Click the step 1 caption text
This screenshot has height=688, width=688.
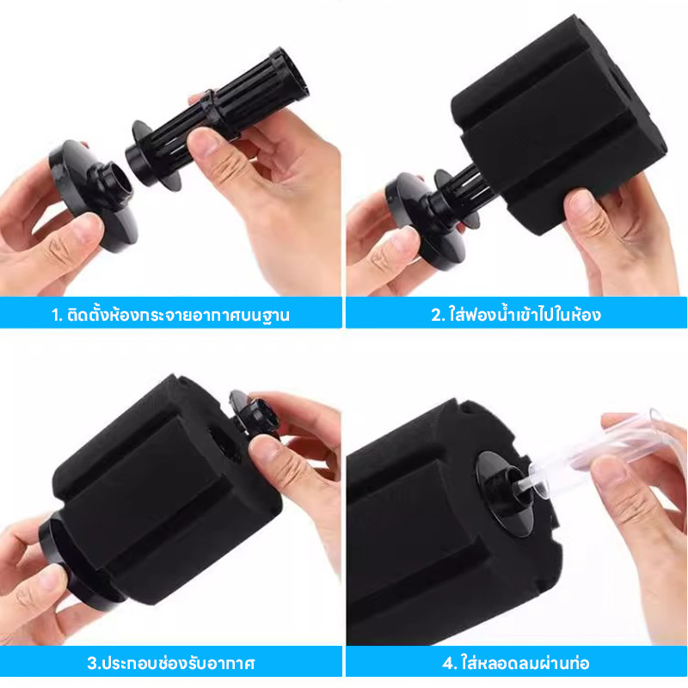point(170,315)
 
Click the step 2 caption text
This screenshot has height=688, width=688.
point(516,314)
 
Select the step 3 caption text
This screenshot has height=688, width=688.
point(170,662)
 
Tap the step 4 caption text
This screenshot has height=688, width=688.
point(515,662)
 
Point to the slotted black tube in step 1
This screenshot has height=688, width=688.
point(218,119)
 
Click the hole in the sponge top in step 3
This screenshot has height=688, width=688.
point(225,443)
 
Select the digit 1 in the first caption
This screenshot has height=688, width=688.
point(55,315)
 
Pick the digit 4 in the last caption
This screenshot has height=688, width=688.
point(447,663)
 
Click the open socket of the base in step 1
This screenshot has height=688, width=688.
point(118,180)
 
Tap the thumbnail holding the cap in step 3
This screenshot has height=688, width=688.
point(262,448)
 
